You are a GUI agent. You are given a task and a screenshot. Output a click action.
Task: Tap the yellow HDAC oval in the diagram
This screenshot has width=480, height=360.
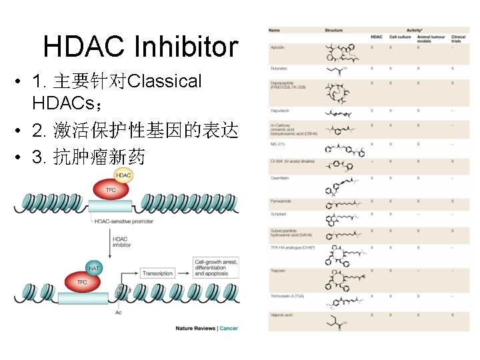pos(123,176)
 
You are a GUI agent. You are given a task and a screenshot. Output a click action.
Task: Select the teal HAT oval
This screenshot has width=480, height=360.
pos(93,268)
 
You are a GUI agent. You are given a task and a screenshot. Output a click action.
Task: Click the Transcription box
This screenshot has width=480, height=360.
pos(157,273)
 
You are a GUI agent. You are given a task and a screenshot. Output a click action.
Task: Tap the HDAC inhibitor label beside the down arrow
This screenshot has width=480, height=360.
pos(121,242)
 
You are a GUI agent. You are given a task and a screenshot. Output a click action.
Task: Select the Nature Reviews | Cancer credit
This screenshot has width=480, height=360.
pos(206,328)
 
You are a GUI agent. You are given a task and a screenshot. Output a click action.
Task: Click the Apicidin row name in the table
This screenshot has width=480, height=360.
pos(278,48)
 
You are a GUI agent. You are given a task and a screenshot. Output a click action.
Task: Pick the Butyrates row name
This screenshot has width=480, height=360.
pos(279,68)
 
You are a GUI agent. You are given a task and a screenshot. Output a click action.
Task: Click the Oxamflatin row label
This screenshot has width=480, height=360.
pos(280,178)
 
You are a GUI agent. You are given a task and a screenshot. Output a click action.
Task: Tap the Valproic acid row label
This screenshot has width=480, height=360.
pos(282,315)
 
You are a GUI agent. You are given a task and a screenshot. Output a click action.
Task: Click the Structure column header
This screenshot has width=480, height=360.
pos(333,31)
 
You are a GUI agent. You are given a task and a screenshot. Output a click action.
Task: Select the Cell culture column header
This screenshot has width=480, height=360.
pos(401,37)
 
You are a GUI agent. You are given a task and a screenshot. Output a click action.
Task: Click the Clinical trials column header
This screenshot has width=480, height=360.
pos(458,39)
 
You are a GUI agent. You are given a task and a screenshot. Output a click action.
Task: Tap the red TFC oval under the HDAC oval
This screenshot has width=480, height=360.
pos(111,190)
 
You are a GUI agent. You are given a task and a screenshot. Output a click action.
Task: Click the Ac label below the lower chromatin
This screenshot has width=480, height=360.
pos(118,312)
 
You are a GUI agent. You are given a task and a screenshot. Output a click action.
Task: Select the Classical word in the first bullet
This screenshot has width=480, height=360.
pos(163,82)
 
